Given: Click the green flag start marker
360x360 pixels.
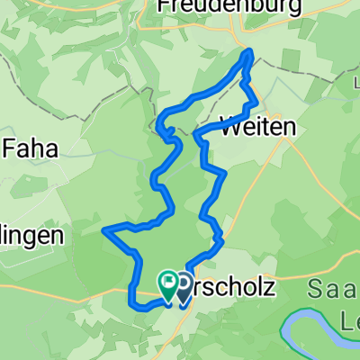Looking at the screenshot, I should [168, 283].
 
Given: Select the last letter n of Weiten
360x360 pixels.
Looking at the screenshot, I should [288, 129].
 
